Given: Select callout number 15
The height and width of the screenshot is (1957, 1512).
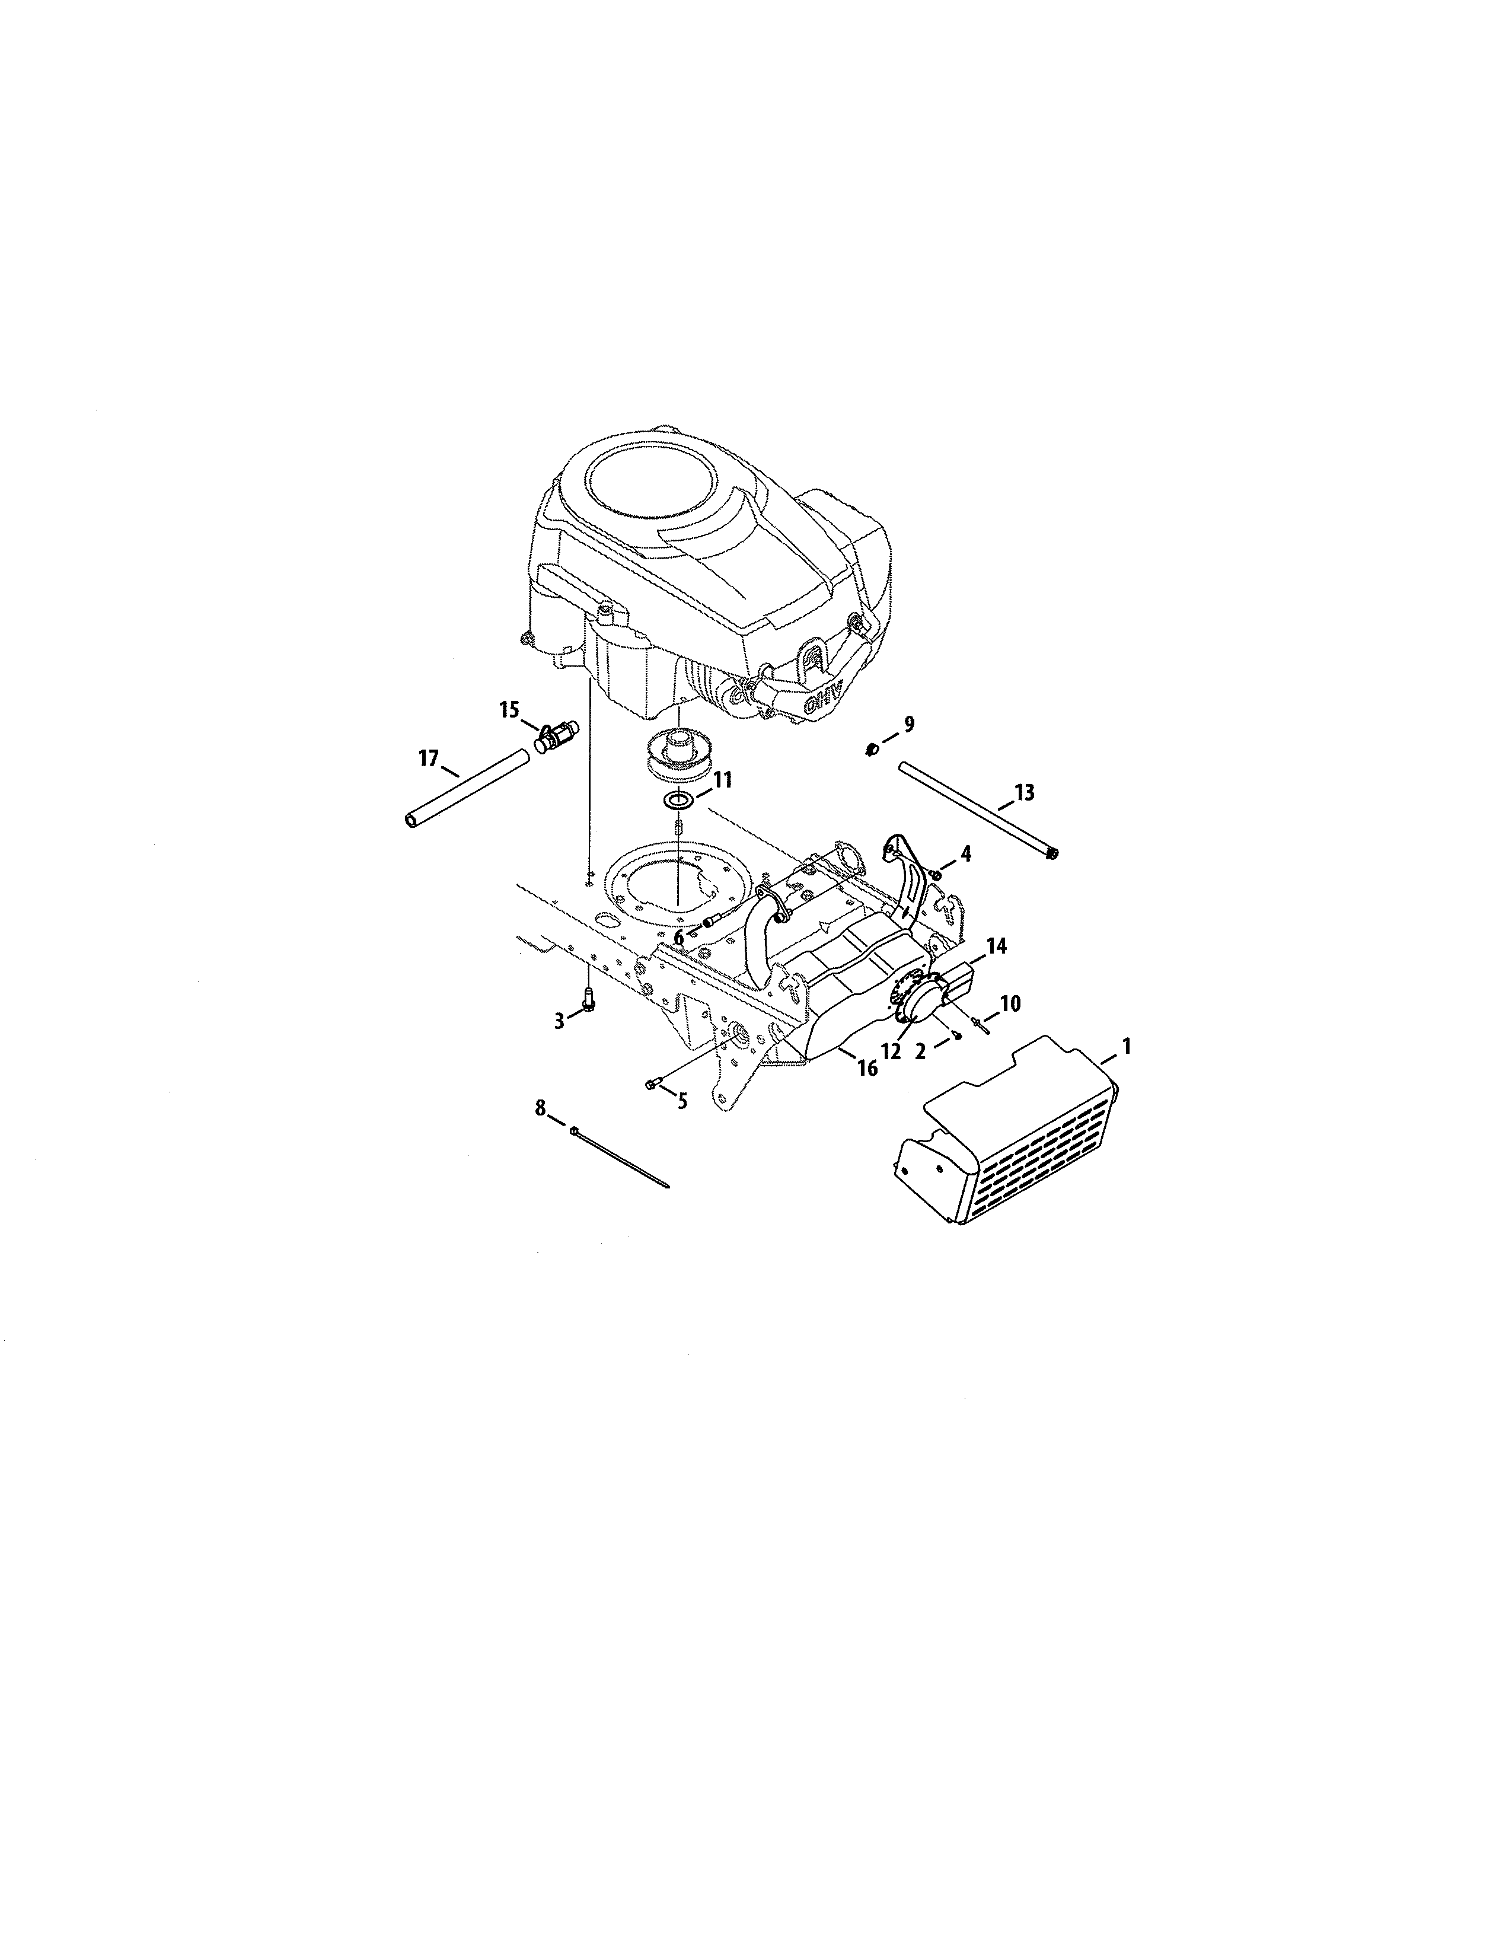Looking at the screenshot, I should (x=509, y=710).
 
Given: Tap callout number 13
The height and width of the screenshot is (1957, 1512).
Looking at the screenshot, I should (x=1024, y=792).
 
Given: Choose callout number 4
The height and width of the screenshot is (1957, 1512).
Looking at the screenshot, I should (x=965, y=854).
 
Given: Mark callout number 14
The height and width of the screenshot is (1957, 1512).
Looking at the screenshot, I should (x=996, y=945).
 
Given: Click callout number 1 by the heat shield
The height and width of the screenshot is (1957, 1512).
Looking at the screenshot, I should (x=1126, y=1045).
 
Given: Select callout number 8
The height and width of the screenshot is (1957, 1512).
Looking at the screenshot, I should (x=540, y=1108).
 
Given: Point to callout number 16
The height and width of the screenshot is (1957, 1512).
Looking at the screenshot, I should (x=866, y=1068).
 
